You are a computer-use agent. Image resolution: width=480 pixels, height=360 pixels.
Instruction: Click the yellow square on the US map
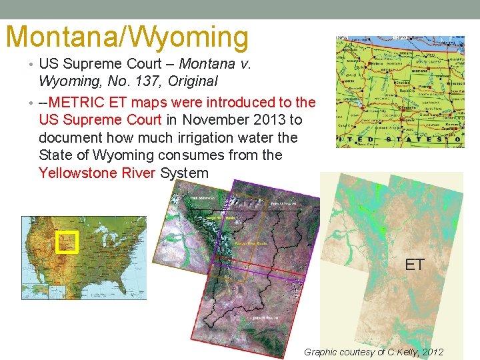point(67,243)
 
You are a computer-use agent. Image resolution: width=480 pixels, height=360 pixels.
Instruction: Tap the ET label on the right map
point(414,265)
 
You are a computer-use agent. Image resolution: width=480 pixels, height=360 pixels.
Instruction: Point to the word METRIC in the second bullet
point(82,103)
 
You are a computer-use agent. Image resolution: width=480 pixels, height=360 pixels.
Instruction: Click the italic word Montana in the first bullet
point(203,64)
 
